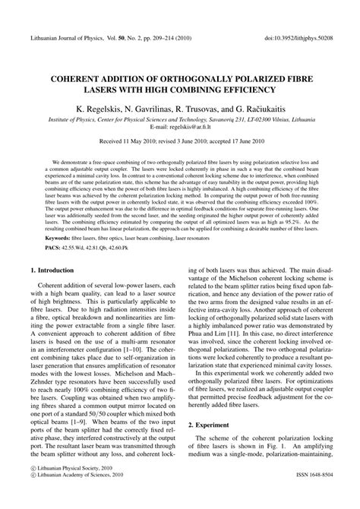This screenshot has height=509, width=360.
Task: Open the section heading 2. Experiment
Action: coord(216,440)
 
